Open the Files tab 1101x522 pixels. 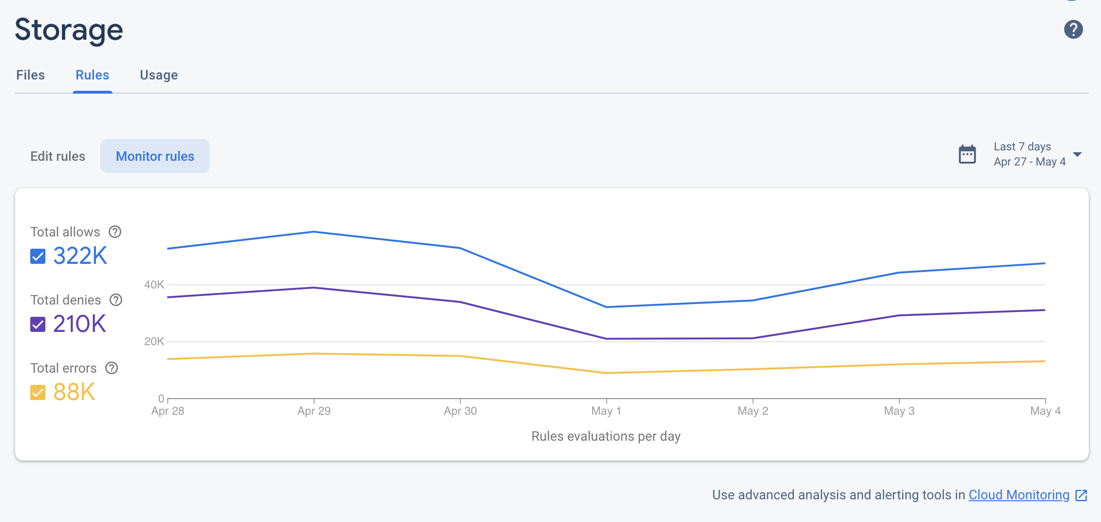click(30, 75)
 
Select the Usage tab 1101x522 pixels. click(159, 75)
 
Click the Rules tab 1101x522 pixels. click(92, 75)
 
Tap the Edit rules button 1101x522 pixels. click(58, 156)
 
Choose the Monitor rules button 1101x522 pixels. click(155, 156)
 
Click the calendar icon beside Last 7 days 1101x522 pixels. click(967, 154)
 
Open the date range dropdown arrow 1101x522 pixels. click(1077, 155)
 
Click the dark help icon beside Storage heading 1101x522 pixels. click(1073, 29)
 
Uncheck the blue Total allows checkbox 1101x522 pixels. click(38, 256)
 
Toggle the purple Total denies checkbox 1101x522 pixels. click(38, 324)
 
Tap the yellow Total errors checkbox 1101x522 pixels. click(38, 392)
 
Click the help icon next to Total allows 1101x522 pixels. click(115, 232)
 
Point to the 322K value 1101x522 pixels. click(80, 256)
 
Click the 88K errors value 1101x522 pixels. click(74, 392)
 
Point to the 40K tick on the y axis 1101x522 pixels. click(154, 285)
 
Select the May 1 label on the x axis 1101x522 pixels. click(606, 411)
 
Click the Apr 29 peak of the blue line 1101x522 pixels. click(314, 232)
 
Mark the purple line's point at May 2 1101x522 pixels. click(753, 338)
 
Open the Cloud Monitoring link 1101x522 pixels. click(1019, 495)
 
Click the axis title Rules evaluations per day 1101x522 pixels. click(606, 436)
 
